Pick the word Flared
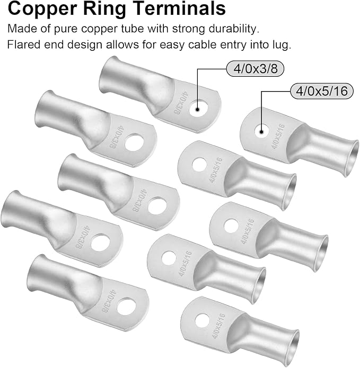tap(23, 44)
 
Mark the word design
tap(85, 45)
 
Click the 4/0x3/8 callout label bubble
tap(255, 69)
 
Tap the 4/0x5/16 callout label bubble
tap(322, 91)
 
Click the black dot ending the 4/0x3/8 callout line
tap(198, 110)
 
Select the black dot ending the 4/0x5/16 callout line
tap(261, 132)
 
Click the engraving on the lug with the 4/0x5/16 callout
tap(278, 137)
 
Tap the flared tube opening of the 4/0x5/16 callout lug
tap(352, 159)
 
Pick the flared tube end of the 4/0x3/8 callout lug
tap(108, 73)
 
